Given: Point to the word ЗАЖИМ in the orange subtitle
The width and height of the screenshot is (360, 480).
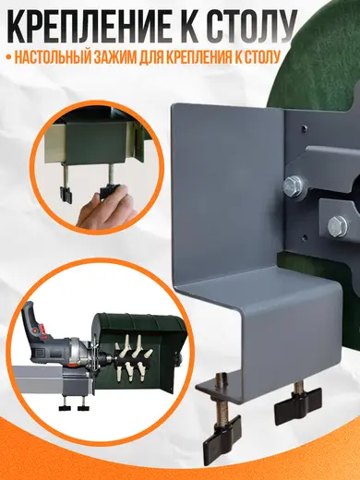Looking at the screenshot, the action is click(114, 57).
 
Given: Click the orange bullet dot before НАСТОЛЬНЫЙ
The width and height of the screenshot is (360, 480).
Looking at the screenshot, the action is click(8, 57).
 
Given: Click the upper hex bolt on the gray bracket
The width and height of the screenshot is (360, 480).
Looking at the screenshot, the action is click(292, 186).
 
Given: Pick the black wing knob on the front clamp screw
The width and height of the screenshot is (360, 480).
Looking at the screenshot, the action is click(221, 432).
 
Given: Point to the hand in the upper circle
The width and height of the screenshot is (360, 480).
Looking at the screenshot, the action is click(106, 206).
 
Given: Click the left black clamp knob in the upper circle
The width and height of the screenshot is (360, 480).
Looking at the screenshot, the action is click(66, 195).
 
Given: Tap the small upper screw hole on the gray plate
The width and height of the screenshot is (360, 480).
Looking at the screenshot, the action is click(304, 126).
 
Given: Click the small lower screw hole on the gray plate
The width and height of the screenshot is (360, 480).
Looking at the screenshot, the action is click(305, 237).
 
